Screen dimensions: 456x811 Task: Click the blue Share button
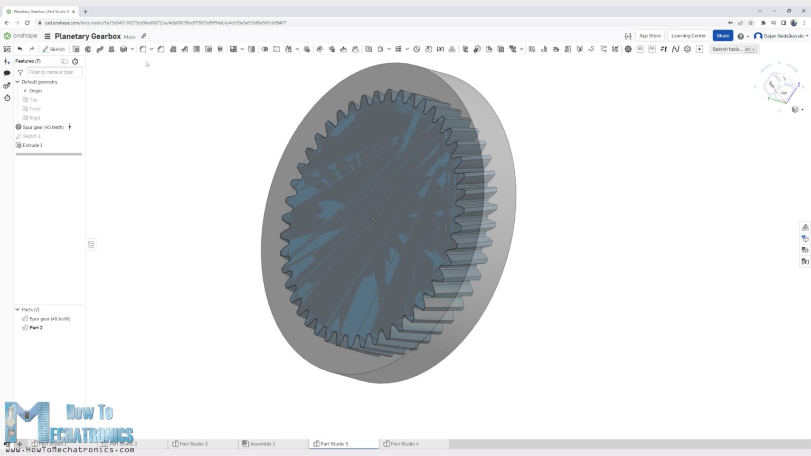coord(722,36)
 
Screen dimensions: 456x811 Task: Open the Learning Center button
coord(688,36)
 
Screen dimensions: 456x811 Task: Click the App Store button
coord(649,36)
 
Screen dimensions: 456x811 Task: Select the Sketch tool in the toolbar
coord(54,49)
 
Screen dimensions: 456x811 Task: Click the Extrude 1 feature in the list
coord(32,145)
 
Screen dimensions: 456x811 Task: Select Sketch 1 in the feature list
coord(31,136)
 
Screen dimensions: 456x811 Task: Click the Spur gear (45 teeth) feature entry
coord(43,127)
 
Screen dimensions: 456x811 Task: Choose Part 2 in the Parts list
coord(36,328)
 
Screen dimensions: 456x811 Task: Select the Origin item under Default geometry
coord(35,91)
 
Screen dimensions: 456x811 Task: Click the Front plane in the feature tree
coord(35,109)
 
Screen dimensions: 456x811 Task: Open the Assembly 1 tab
coord(262,444)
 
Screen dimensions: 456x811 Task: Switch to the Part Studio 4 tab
coord(404,444)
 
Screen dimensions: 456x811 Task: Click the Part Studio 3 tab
coord(193,444)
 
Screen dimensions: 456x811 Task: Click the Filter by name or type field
coord(54,72)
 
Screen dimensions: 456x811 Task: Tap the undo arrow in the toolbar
coord(20,49)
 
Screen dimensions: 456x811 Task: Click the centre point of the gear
coord(372,218)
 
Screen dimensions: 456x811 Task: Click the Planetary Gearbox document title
coord(88,36)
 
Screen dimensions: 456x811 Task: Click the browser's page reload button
coord(27,23)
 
